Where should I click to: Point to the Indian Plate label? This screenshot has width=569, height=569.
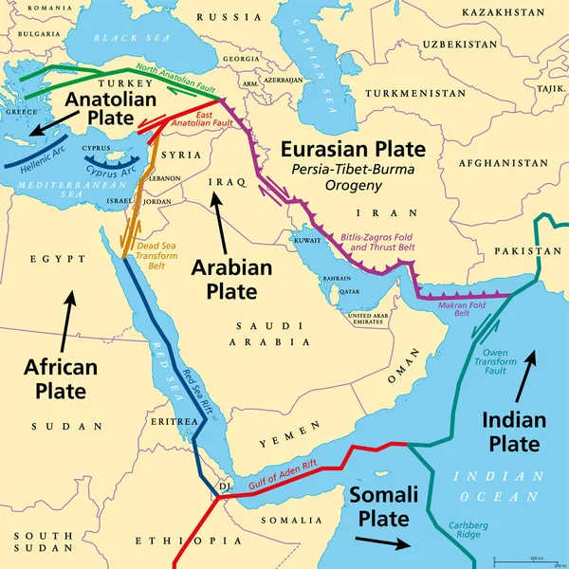pos(513,431)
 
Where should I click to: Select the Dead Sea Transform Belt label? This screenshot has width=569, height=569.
pos(157,255)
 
